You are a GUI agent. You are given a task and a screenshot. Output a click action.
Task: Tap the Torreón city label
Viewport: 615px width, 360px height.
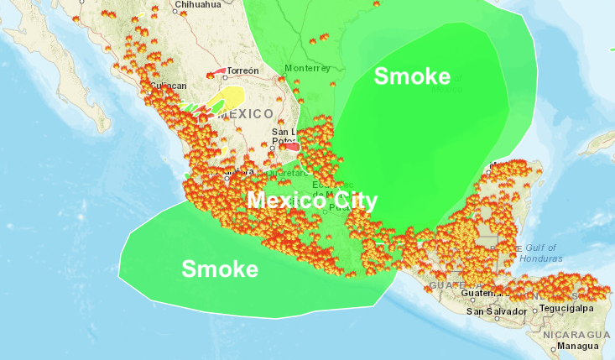(244, 70)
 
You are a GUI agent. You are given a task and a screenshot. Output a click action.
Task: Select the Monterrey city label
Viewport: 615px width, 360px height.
(307, 68)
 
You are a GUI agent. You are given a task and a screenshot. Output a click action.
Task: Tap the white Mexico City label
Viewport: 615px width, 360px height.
(311, 201)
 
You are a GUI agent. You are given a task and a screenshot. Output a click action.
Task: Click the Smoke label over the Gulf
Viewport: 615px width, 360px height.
(412, 76)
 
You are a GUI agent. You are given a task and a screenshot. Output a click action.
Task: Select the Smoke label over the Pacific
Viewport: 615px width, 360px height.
(220, 269)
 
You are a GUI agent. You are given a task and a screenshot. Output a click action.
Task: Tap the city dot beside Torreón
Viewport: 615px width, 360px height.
(225, 72)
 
